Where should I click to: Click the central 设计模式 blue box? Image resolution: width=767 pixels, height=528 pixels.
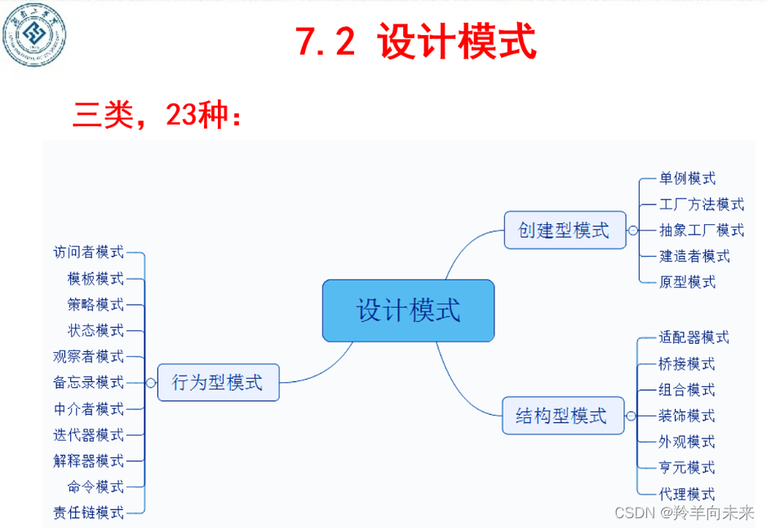point(408,310)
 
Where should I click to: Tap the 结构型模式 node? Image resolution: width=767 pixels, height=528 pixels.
point(562,416)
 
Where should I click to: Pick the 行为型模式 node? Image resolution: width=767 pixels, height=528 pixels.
point(218,382)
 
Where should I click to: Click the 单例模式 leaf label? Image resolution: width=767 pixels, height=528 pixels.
point(688,178)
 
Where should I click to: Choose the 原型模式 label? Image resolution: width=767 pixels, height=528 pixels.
point(688,282)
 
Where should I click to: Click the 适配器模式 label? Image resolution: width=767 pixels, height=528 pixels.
point(694,337)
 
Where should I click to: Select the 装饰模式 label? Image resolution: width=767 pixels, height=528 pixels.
point(688,416)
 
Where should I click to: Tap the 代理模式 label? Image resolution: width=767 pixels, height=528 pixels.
point(688,494)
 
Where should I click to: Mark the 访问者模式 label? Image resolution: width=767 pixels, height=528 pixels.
point(89,253)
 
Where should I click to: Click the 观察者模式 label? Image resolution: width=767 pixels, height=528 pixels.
point(89,356)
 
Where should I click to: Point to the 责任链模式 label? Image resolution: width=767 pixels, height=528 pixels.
point(89,513)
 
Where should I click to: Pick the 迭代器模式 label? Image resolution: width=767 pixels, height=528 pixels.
point(89,434)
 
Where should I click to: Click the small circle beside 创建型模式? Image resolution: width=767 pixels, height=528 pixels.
point(632,231)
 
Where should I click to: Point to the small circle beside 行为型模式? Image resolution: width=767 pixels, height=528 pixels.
point(151,382)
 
